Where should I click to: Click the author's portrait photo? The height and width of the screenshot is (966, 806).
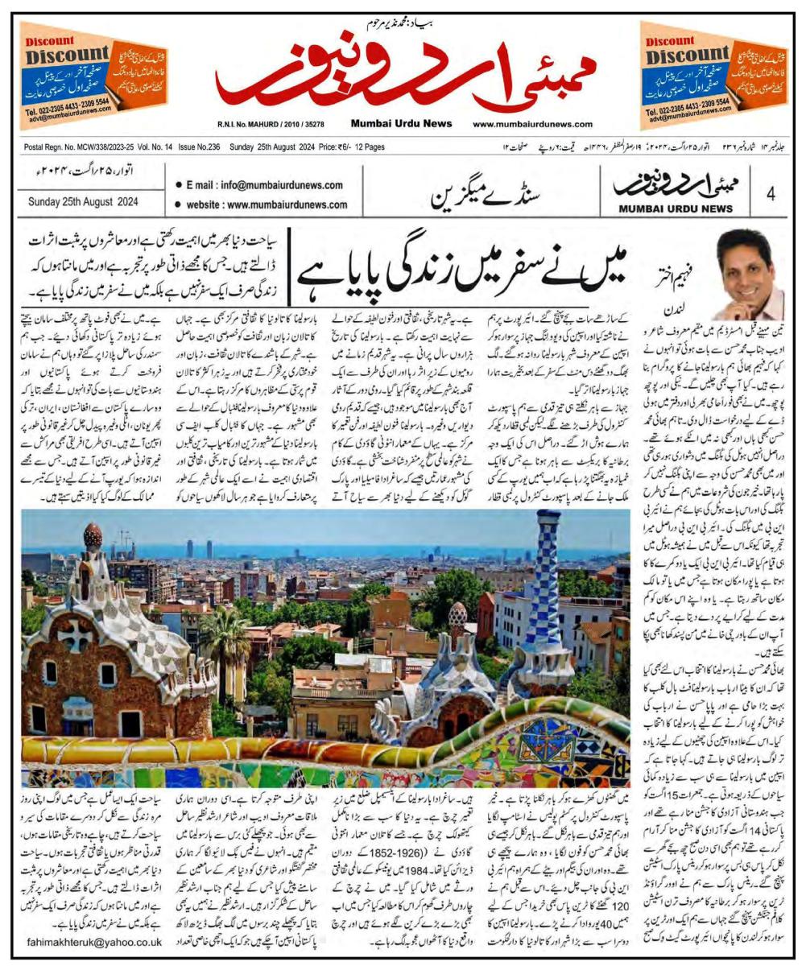point(750,274)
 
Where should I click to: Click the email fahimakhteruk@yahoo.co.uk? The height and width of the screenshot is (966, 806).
point(94,941)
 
